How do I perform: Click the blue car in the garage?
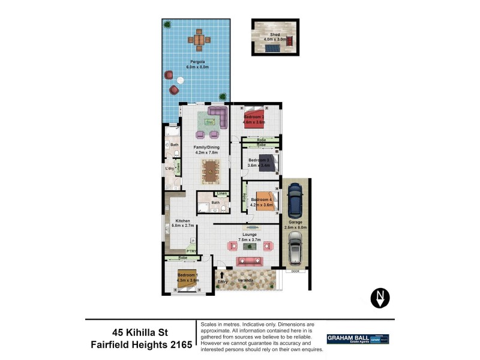click(x=295, y=201)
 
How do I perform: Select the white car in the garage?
click(x=295, y=248)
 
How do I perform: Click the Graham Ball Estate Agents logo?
click(x=358, y=339)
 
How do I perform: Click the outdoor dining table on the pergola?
click(x=199, y=40)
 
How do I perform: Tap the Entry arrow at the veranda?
click(x=221, y=275)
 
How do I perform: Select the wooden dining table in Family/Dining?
click(x=211, y=170)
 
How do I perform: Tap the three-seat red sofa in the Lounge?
click(x=250, y=261)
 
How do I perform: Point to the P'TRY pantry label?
click(x=191, y=251)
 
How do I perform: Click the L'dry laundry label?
click(x=170, y=169)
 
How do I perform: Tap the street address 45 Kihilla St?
click(x=141, y=331)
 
